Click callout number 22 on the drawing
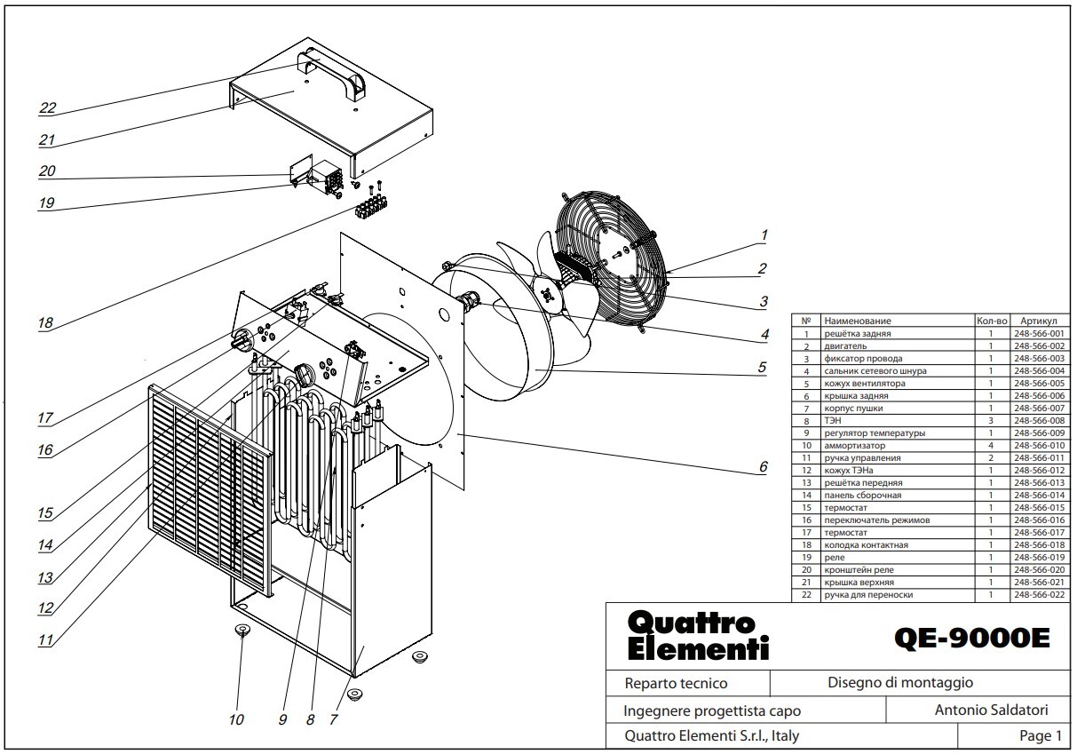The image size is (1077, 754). (48, 107)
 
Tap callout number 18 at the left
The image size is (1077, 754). (45, 322)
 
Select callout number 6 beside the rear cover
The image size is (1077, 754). (763, 466)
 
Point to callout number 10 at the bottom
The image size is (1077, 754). (236, 719)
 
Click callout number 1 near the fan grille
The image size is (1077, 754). (764, 235)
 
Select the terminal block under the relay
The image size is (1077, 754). (371, 206)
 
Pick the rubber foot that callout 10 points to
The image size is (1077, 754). (242, 630)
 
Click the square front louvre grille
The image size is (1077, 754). (210, 490)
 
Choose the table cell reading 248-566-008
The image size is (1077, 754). (1039, 420)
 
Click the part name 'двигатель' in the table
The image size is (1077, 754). (845, 345)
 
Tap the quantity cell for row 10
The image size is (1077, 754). (991, 445)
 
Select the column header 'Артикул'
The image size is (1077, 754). (1039, 321)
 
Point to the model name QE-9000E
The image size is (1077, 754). (971, 639)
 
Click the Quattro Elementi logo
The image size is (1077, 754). (698, 635)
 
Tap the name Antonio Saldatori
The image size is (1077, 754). (991, 710)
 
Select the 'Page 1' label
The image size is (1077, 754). (1041, 735)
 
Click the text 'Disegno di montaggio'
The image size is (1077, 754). (900, 682)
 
